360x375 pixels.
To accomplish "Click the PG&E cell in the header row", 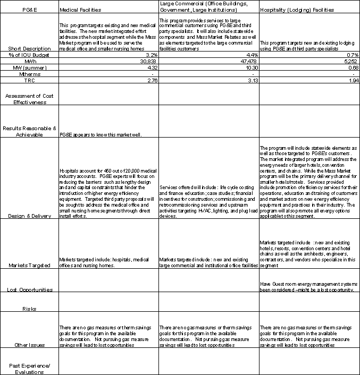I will click(x=29, y=10).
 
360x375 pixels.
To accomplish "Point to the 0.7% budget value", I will click(x=351, y=55).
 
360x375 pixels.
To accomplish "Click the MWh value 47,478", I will click(x=248, y=61).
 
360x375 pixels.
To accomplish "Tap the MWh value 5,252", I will click(x=349, y=61).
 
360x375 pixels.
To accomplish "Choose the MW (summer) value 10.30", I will click(x=249, y=67).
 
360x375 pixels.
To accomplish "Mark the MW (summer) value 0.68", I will click(x=351, y=67).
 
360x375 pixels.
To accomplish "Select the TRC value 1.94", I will click(x=351, y=80).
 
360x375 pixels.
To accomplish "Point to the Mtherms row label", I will click(x=29, y=74).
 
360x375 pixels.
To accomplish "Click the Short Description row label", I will click(x=29, y=48).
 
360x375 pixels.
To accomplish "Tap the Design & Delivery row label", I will click(x=29, y=215).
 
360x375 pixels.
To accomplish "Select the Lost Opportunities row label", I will click(x=29, y=289).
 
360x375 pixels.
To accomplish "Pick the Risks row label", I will click(x=29, y=309).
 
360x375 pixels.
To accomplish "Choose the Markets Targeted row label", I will click(x=29, y=265).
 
